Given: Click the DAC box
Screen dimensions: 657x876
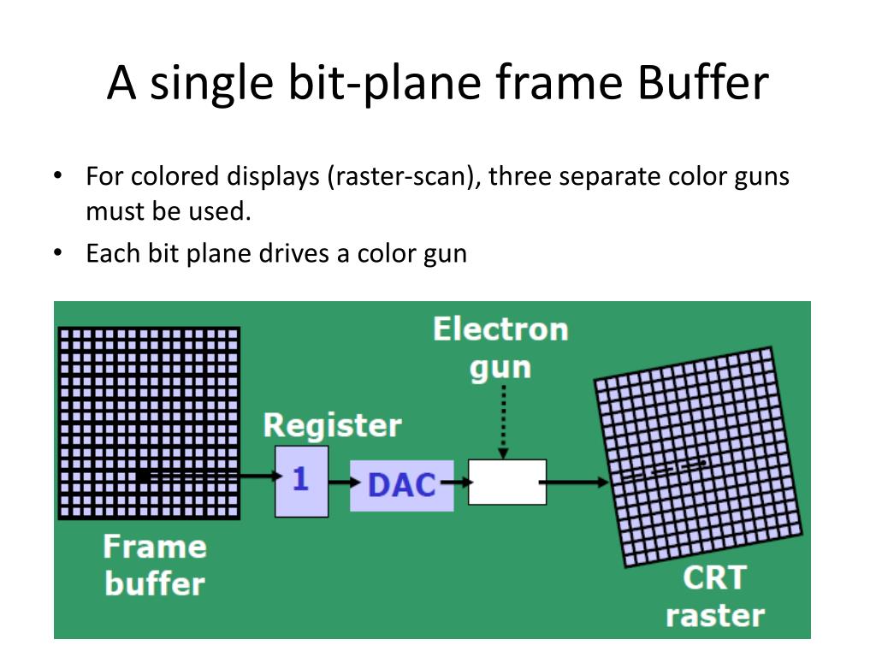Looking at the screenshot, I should [401, 484].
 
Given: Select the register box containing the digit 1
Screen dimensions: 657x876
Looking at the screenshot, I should [301, 481].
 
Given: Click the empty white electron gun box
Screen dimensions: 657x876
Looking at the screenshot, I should [507, 482].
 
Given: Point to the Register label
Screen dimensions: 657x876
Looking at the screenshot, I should [332, 425].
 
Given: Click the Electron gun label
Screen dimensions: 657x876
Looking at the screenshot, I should [500, 348].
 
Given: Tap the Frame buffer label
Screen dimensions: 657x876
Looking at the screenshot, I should [154, 565].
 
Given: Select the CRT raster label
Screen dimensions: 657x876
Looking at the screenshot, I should [714, 596].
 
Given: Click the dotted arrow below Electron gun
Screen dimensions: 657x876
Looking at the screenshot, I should [503, 422].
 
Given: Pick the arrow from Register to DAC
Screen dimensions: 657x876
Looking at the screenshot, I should [340, 482].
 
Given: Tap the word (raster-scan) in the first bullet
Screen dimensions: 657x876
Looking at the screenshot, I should [403, 177].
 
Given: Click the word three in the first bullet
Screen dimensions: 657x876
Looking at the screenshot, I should [518, 177].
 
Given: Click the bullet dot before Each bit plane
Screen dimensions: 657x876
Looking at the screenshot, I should [57, 253].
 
